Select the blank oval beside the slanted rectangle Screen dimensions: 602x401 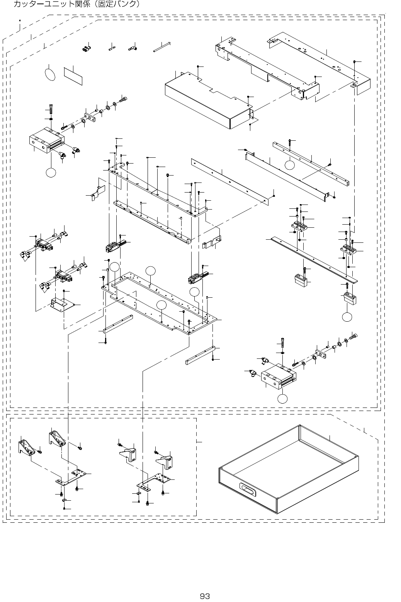click(x=50, y=74)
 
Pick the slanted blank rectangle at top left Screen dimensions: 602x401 click(x=73, y=75)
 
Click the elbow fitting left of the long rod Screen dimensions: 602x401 click(x=133, y=49)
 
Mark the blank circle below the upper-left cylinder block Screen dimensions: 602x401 click(x=51, y=173)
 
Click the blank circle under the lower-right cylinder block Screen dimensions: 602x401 click(x=283, y=399)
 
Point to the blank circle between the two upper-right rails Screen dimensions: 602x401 click(x=290, y=165)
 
